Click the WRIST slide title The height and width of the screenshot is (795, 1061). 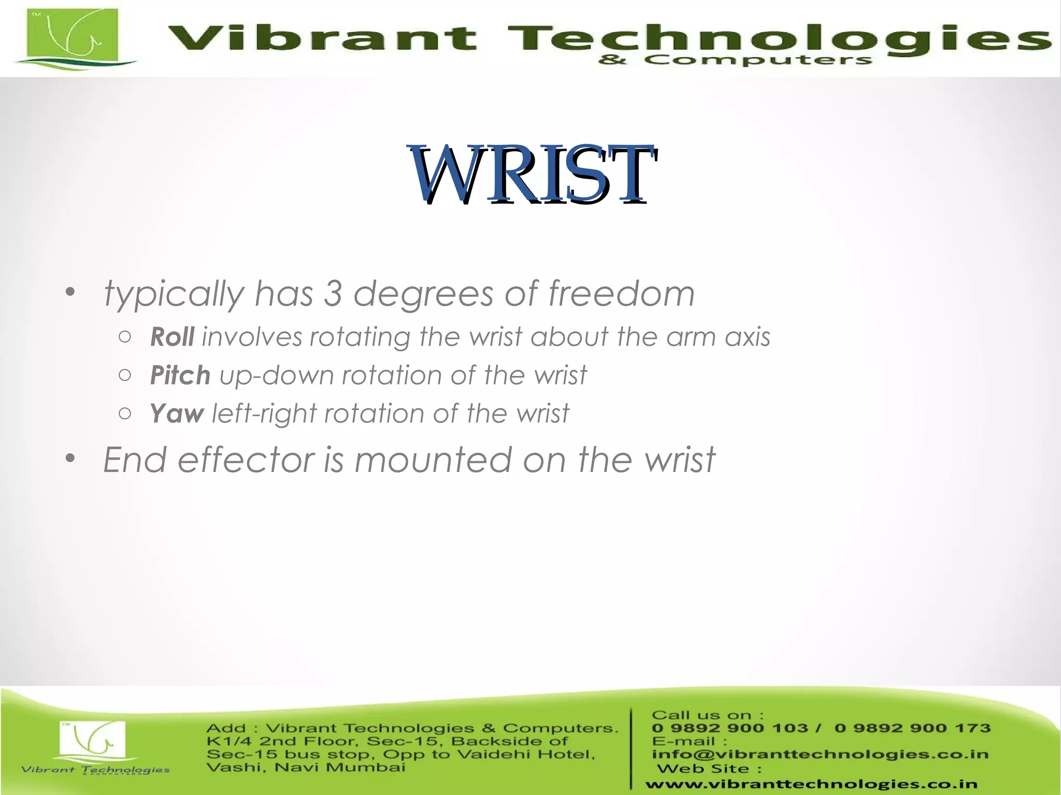tap(533, 174)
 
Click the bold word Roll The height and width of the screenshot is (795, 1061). tap(172, 337)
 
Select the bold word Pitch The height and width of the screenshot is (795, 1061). tap(180, 375)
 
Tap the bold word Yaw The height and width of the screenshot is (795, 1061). tap(177, 414)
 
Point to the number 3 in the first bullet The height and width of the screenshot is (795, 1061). tap(333, 293)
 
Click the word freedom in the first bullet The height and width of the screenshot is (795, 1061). tap(621, 293)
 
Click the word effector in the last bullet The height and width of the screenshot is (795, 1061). tap(246, 460)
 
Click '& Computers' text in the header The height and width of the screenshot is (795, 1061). tap(735, 61)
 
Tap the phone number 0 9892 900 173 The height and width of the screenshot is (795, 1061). tap(912, 728)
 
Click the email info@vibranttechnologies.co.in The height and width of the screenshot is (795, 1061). tap(820, 754)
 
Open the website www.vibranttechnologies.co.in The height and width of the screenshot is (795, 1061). tap(811, 785)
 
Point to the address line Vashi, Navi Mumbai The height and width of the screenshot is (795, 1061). tap(306, 767)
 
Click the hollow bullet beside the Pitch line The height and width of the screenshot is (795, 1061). tap(124, 375)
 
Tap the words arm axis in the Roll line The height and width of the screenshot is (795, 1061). tap(718, 337)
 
